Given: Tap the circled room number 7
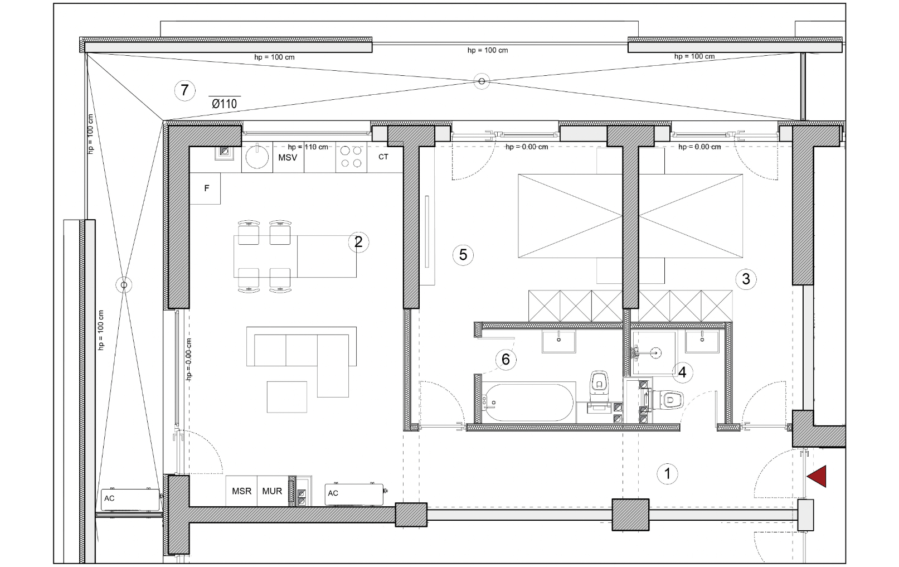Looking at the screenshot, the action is [x=184, y=90].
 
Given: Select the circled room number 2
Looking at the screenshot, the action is [x=358, y=242].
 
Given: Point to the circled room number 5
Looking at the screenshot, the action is [x=463, y=255].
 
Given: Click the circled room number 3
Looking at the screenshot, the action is [x=746, y=279].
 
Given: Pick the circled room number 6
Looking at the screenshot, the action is [x=506, y=360].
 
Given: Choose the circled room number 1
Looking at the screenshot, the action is [x=668, y=474].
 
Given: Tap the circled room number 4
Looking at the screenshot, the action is [x=682, y=372].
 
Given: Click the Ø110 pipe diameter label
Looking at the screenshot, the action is [x=225, y=104].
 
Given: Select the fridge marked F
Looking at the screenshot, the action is [x=205, y=188].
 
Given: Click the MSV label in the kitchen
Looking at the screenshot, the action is [x=288, y=157].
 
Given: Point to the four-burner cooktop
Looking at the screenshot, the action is [x=351, y=157].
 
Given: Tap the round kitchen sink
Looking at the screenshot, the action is [x=257, y=157].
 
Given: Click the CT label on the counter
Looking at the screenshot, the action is [x=383, y=157].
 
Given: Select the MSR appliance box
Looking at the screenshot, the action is [x=241, y=491].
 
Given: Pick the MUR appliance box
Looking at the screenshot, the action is [x=273, y=491].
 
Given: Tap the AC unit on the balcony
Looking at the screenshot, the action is [x=130, y=499].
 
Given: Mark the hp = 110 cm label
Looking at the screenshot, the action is [x=308, y=147].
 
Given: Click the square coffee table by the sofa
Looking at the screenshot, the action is [x=287, y=397].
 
